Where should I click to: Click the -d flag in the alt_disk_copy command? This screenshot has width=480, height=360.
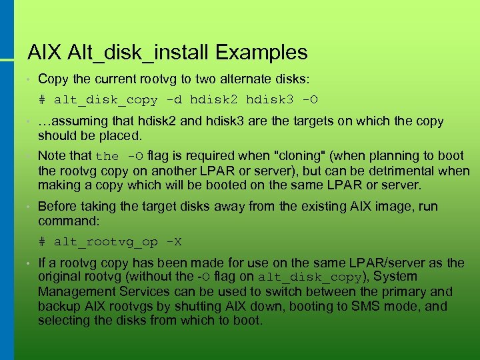pos(173,100)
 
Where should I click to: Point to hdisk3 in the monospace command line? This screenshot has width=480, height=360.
pos(270,100)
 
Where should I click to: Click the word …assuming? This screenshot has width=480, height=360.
pos(69,121)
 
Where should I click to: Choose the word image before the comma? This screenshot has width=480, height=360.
pos(393,206)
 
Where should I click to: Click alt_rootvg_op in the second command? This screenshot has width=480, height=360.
pos(106,241)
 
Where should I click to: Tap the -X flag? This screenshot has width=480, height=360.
pos(173,241)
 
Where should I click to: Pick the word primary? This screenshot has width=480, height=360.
pos(393,291)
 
